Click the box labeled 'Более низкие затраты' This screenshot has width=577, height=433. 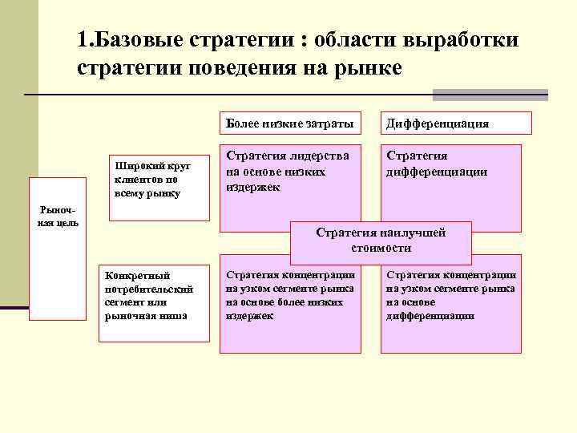(x=287, y=123)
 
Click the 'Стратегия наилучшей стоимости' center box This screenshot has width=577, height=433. (x=381, y=240)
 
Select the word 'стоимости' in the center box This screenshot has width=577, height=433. (x=381, y=248)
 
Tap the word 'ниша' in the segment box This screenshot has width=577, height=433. (x=173, y=315)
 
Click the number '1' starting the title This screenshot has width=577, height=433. (x=83, y=40)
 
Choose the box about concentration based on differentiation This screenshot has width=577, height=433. (x=451, y=303)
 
